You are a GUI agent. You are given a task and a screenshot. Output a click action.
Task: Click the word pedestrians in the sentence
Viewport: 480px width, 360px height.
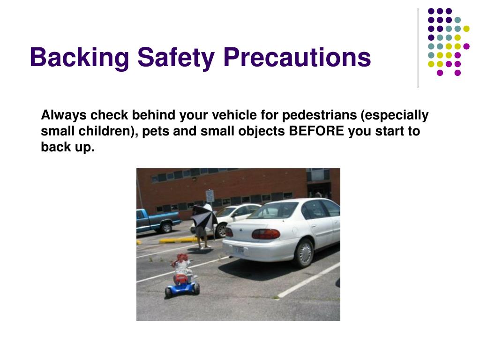click(319, 115)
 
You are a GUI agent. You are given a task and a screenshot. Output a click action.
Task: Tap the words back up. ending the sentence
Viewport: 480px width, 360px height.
click(67, 147)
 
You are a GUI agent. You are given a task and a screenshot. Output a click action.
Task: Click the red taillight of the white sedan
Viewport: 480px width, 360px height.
click(266, 234)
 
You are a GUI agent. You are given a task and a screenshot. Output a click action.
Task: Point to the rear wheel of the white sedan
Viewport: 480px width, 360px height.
click(304, 254)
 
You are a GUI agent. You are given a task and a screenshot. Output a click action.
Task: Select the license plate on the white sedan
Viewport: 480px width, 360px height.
click(238, 250)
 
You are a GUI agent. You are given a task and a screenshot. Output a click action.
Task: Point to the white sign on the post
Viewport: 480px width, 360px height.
click(210, 196)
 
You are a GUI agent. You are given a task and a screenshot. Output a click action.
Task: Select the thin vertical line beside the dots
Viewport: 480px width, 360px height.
click(418, 48)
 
